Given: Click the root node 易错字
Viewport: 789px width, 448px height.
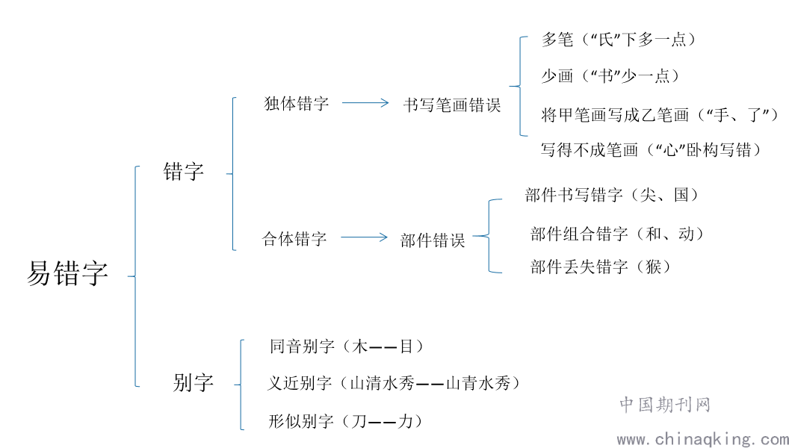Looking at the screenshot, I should pyautogui.click(x=67, y=274).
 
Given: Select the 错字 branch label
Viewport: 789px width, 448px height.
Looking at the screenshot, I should pyautogui.click(x=184, y=172).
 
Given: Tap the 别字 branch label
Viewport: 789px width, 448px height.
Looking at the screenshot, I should pyautogui.click(x=194, y=384).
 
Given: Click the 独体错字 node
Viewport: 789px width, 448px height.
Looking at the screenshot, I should pyautogui.click(x=297, y=104).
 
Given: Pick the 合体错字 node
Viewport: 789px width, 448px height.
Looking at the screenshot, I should pyautogui.click(x=294, y=239).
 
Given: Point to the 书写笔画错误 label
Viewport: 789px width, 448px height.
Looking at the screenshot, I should pyautogui.click(x=451, y=105).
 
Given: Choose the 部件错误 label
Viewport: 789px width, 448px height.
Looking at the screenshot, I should pyautogui.click(x=433, y=240).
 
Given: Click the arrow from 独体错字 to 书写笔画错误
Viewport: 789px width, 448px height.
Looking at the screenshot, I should pyautogui.click(x=365, y=104).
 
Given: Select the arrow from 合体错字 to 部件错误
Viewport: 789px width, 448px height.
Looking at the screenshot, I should pyautogui.click(x=364, y=238).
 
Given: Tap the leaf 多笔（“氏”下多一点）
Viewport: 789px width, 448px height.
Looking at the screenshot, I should pyautogui.click(x=619, y=40).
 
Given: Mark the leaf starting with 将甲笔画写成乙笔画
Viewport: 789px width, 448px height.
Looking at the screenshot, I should pyautogui.click(x=660, y=114).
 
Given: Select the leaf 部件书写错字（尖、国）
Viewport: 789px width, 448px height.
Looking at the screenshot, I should pyautogui.click(x=613, y=195).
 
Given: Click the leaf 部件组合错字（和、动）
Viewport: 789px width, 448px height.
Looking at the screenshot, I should pyautogui.click(x=617, y=234).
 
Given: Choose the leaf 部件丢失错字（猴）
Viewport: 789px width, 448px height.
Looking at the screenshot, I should pyautogui.click(x=600, y=267).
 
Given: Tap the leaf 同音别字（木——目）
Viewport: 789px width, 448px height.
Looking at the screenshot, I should pyautogui.click(x=347, y=346).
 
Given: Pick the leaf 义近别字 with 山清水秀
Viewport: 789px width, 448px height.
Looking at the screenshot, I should pyautogui.click(x=393, y=384).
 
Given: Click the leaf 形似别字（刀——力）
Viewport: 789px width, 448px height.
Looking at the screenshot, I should pyautogui.click(x=347, y=421).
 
